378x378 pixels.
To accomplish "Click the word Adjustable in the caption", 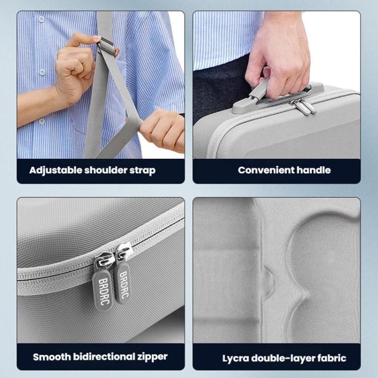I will point(53,170).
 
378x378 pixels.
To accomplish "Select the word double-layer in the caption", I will point(285,358).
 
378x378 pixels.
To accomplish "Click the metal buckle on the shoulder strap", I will point(106,45).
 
